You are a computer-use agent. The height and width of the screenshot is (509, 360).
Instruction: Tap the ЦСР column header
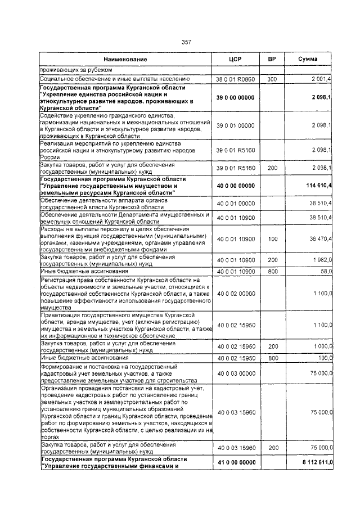[236, 59]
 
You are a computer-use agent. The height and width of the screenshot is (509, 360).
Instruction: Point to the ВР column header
[272, 59]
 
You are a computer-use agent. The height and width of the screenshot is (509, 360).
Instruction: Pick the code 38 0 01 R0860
[236, 80]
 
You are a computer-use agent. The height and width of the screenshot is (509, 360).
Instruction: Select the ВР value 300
[272, 80]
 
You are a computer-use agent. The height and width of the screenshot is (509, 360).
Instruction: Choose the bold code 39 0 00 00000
[236, 98]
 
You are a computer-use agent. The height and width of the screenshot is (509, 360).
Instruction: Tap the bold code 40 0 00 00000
[236, 186]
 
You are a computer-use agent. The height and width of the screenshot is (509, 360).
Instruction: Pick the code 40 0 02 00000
[236, 294]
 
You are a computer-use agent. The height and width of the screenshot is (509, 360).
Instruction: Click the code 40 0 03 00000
[236, 372]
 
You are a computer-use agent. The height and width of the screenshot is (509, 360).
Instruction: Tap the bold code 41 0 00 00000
[236, 462]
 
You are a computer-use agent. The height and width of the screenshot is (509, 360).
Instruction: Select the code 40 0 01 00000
[236, 204]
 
